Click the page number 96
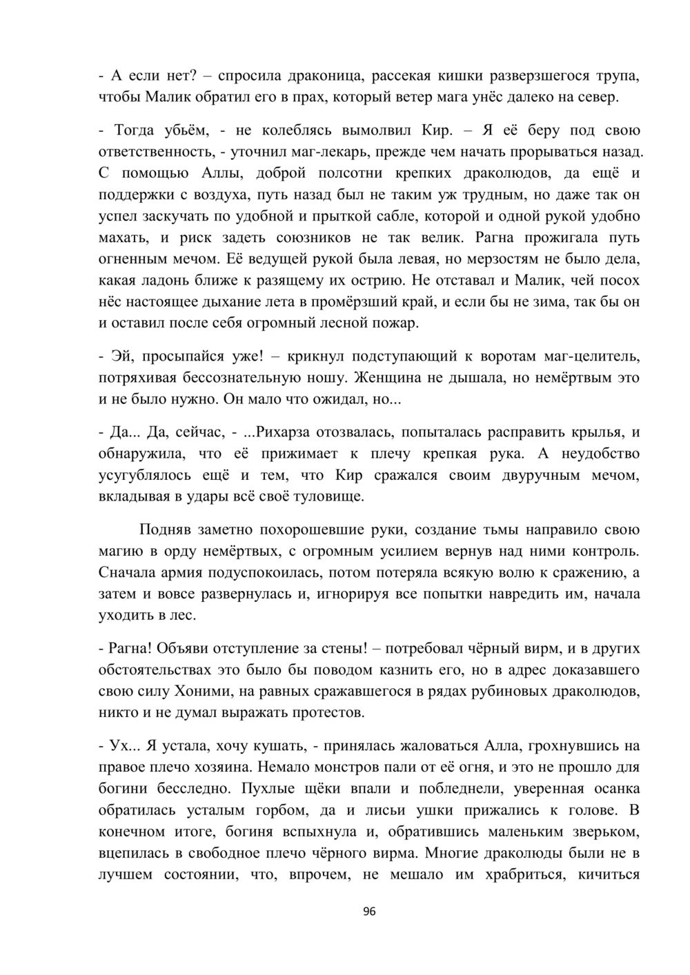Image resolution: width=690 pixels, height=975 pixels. [x=369, y=912]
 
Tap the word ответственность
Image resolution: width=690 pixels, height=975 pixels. [x=150, y=152]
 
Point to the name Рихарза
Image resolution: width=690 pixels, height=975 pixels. [x=282, y=432]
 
